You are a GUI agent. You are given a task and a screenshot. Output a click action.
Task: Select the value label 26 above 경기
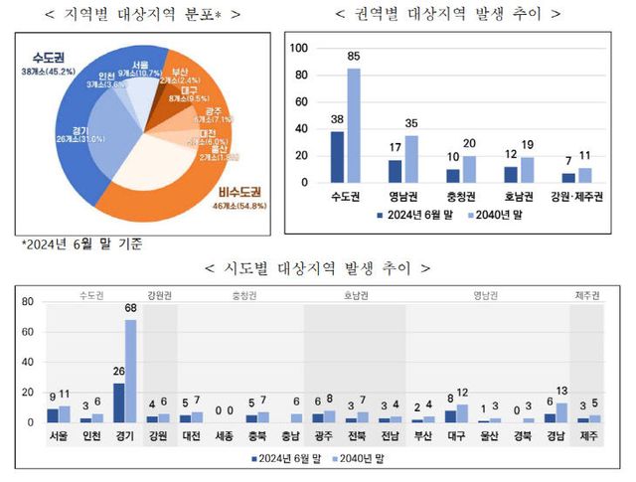click(x=118, y=375)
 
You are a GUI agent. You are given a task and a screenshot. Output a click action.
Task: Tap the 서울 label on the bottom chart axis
click(x=59, y=435)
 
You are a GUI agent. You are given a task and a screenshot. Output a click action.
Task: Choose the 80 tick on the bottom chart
click(x=27, y=303)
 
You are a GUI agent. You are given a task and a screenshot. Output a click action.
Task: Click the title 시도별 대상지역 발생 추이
click(x=318, y=267)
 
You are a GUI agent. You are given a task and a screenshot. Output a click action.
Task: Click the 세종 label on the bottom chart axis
click(x=224, y=435)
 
